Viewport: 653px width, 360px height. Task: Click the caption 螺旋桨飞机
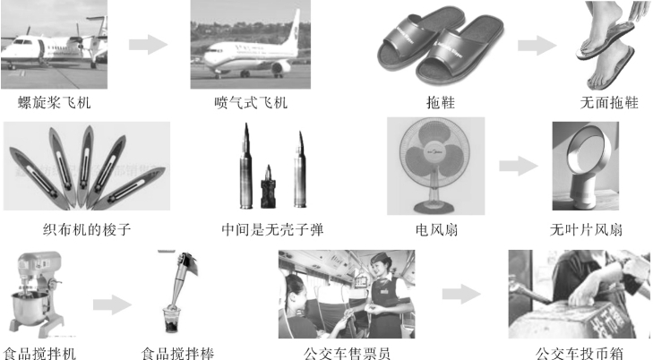tap(54, 103)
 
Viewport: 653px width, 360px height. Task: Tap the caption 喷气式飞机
tap(251, 103)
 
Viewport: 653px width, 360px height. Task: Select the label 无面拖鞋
tap(609, 103)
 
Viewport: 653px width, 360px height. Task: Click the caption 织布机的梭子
tap(87, 229)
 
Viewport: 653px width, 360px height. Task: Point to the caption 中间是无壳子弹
tap(273, 229)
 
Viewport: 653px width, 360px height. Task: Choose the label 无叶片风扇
tap(586, 229)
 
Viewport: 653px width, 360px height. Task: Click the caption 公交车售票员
tap(347, 354)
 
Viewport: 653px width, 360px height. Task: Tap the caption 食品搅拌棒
tap(178, 354)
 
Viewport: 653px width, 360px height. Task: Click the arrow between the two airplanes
tap(149, 45)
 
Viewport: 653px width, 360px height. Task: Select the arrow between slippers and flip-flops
tap(537, 46)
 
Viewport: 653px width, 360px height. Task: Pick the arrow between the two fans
tap(519, 166)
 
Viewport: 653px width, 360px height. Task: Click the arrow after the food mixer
tap(113, 304)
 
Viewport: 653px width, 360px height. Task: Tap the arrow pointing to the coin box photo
tap(461, 295)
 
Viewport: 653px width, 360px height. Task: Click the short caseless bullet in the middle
tap(268, 187)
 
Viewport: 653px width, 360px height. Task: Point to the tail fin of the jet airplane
tap(294, 27)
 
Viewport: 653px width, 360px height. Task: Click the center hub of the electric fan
tap(434, 152)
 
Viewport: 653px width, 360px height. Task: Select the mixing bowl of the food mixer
tap(30, 308)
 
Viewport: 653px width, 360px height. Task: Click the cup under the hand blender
tap(171, 319)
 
